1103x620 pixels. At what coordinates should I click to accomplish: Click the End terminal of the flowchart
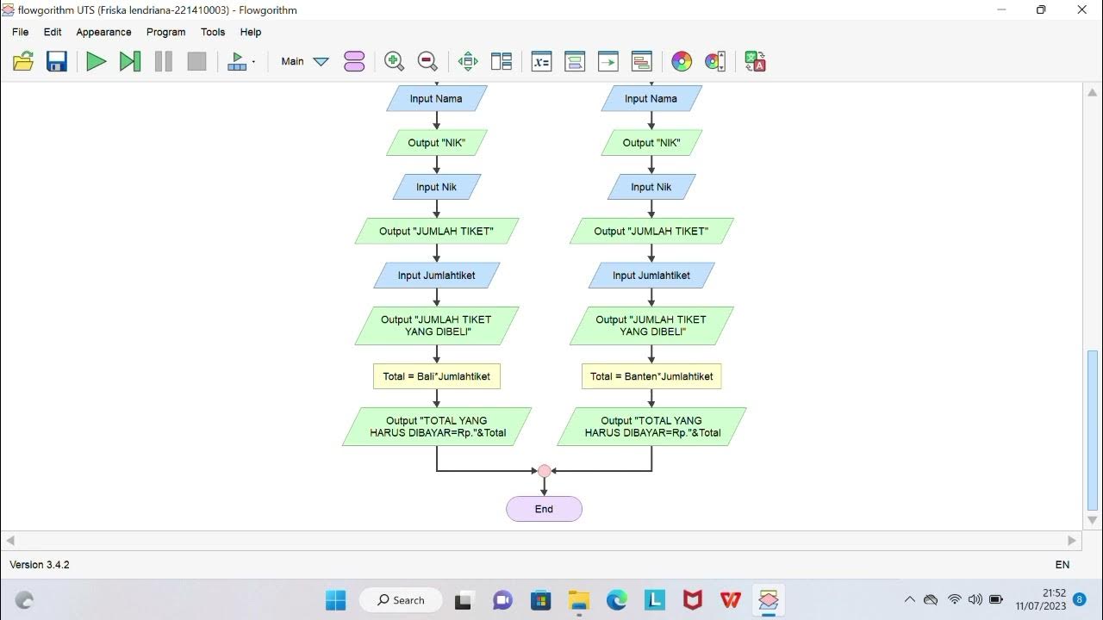544,509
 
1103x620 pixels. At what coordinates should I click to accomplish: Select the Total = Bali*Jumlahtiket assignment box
437,376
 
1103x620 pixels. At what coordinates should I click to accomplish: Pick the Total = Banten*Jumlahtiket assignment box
651,376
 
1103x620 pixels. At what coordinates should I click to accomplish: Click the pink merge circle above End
544,471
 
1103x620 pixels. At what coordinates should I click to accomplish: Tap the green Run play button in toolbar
96,61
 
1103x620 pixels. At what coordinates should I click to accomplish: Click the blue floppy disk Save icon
57,61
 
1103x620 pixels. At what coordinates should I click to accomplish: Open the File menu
20,32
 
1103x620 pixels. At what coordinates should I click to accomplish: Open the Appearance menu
103,32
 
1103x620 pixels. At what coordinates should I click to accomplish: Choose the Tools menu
213,32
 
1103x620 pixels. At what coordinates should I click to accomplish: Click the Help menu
251,32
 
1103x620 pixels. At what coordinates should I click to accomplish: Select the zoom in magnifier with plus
394,61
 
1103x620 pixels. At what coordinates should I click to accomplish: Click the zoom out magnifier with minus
427,61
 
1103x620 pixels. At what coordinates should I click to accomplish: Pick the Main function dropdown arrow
321,61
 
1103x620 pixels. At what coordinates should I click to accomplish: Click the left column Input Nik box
437,187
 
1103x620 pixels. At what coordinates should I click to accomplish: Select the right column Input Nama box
651,98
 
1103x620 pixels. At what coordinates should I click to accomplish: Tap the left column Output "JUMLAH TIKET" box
437,231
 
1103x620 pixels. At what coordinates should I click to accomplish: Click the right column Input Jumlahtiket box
651,276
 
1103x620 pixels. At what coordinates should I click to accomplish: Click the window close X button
1082,10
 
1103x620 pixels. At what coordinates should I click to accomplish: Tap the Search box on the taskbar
401,600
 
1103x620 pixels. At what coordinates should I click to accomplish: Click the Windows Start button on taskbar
335,600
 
